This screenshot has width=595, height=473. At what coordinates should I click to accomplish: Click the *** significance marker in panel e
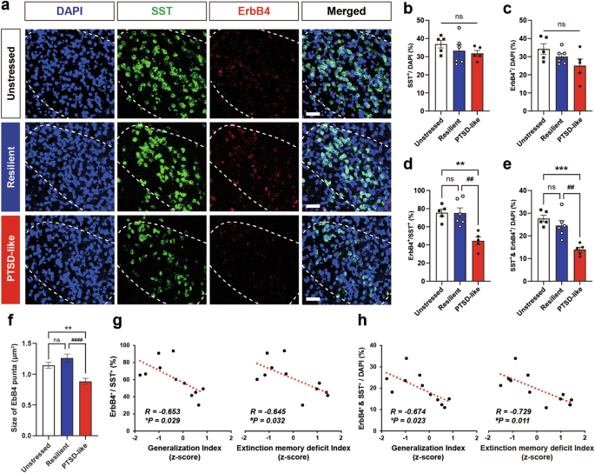pyautogui.click(x=548, y=168)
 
